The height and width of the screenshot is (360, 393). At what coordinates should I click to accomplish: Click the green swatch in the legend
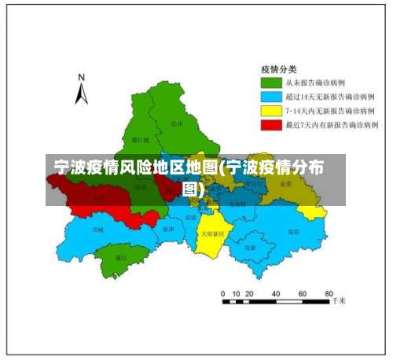[271, 83]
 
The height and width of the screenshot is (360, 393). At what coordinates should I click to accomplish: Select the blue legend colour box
[271, 97]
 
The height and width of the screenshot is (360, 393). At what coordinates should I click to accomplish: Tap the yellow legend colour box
[271, 111]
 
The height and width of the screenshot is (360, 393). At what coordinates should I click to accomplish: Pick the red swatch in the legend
[271, 125]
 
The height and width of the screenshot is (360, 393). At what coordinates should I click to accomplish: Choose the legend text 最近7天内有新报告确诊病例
[332, 125]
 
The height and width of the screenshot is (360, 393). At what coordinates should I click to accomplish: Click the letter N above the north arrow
[80, 77]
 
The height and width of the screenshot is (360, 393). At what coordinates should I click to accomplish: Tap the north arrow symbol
[81, 95]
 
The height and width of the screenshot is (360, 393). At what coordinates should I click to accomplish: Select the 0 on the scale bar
[223, 292]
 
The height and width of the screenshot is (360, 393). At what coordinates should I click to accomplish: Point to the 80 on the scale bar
[329, 292]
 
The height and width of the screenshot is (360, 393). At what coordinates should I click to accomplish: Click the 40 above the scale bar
[277, 292]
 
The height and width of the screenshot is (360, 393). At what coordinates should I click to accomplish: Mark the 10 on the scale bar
[237, 292]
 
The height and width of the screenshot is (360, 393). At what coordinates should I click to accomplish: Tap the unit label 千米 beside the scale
[339, 301]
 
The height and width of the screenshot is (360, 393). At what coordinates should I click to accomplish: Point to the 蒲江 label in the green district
[120, 258]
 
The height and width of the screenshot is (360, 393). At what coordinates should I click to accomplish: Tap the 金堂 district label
[285, 183]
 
